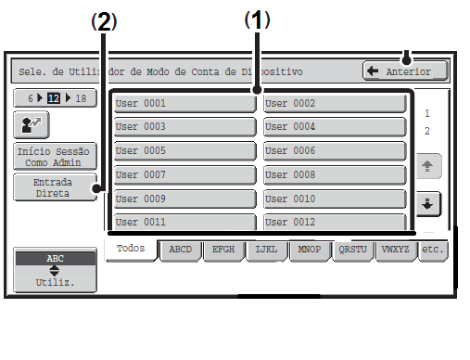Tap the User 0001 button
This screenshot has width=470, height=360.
[x=184, y=103]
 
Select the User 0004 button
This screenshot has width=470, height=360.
[x=335, y=127]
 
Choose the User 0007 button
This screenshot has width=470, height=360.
[x=184, y=175]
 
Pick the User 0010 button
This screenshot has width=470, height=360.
[x=335, y=199]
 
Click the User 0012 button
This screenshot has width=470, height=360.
[x=335, y=222]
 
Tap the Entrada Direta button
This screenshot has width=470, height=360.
[x=55, y=187]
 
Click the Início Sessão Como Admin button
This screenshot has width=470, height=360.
[x=55, y=157]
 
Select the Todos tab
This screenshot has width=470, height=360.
[x=131, y=250]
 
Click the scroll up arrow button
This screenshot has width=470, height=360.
[x=428, y=166]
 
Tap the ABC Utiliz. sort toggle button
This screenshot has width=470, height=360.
[x=55, y=270]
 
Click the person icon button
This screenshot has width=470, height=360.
[x=32, y=125]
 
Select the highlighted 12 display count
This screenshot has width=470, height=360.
[x=54, y=98]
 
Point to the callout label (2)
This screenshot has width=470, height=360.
[x=104, y=21]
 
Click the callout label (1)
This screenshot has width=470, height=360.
[x=257, y=19]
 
